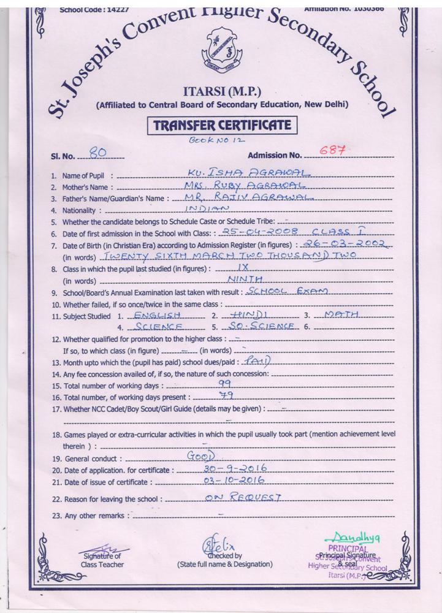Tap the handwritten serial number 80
pos(97,153)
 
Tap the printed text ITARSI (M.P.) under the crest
pos(222,92)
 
